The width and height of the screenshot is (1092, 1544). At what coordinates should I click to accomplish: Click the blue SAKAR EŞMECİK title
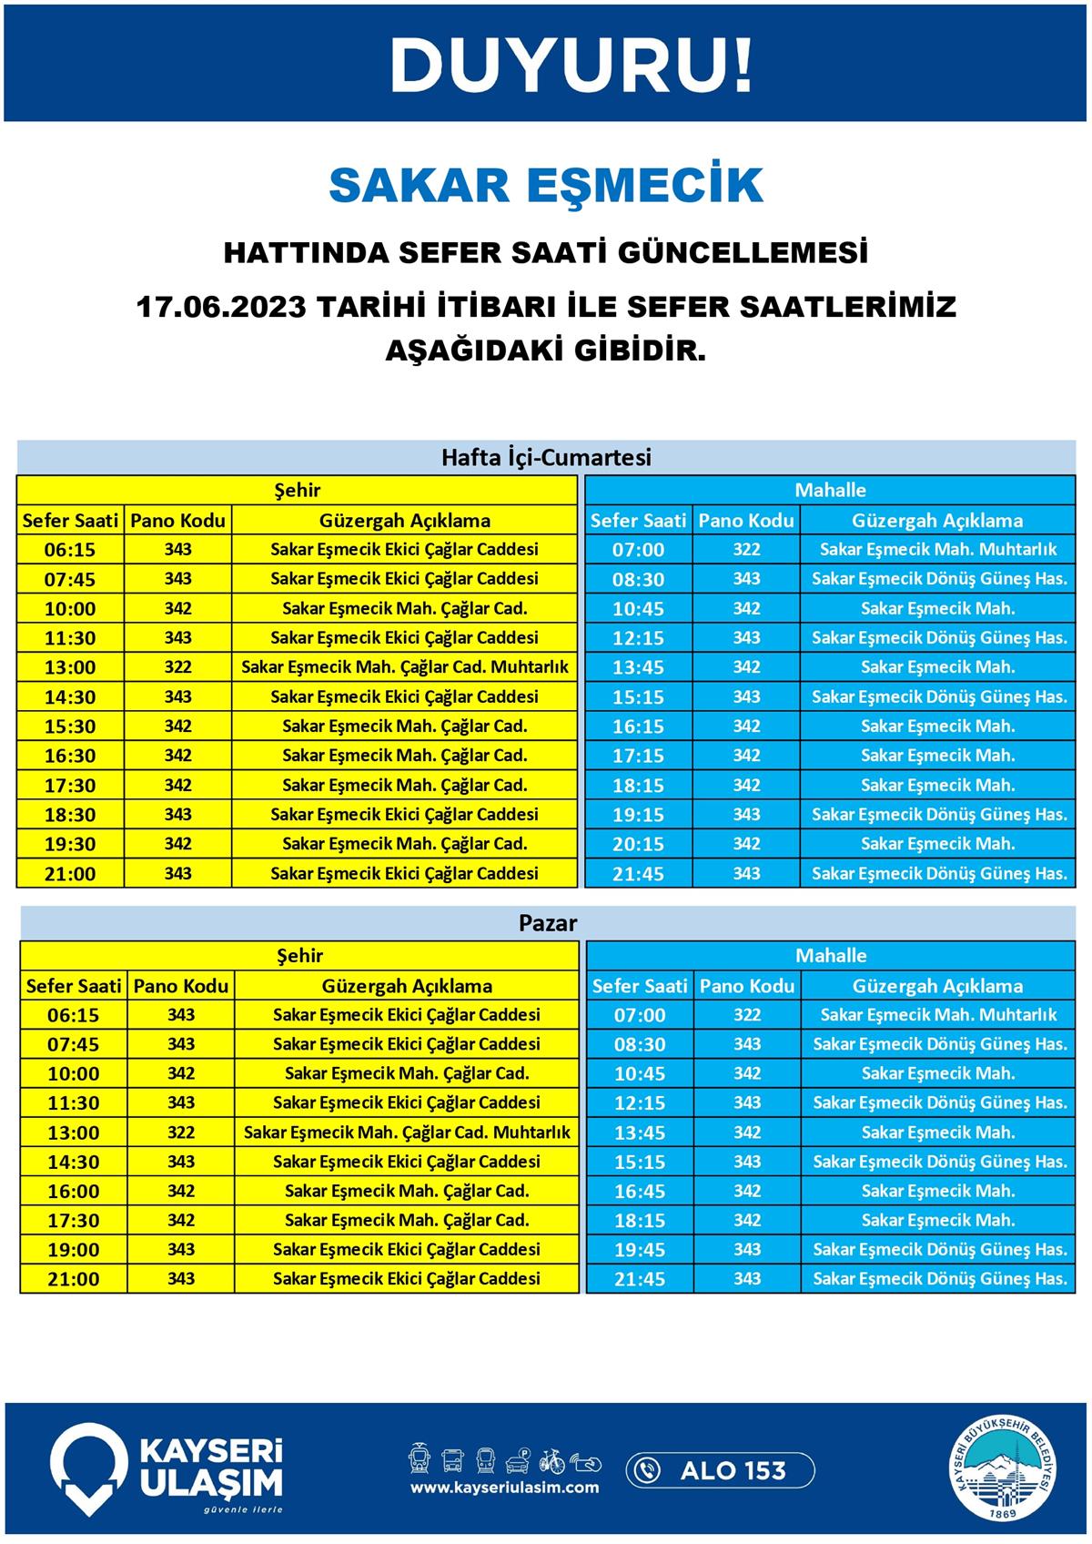[x=545, y=185]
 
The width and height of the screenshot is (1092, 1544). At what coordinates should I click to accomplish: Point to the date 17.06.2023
[x=221, y=306]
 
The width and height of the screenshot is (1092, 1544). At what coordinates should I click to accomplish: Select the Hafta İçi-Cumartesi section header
[x=546, y=457]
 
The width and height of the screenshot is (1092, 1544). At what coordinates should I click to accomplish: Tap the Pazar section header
[x=548, y=923]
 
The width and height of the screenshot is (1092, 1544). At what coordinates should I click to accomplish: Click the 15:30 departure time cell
[x=70, y=726]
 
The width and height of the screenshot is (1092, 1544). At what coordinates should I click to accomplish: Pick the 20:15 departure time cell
[x=638, y=844]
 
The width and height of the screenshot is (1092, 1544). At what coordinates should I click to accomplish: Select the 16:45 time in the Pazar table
[x=640, y=1191]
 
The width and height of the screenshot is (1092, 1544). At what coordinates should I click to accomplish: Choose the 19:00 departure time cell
[x=73, y=1250]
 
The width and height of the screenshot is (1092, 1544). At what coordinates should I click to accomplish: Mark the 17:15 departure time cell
[x=638, y=756]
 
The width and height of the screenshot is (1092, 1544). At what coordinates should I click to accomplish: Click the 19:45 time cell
[x=640, y=1250]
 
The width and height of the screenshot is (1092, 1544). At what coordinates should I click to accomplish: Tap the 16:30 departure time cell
[x=70, y=756]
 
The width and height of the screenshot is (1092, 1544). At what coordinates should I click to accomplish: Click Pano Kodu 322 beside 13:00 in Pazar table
[x=181, y=1133]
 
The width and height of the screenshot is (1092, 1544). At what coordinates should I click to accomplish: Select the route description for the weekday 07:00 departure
[x=938, y=549]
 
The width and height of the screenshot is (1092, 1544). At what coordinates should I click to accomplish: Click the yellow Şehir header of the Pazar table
[x=299, y=956]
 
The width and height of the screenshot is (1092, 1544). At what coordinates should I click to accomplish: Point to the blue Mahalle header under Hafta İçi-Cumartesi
[x=830, y=490]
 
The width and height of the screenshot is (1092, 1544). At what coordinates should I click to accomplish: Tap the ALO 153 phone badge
[x=720, y=1469]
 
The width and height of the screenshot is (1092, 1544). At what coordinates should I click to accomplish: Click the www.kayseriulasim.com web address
[x=505, y=1488]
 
